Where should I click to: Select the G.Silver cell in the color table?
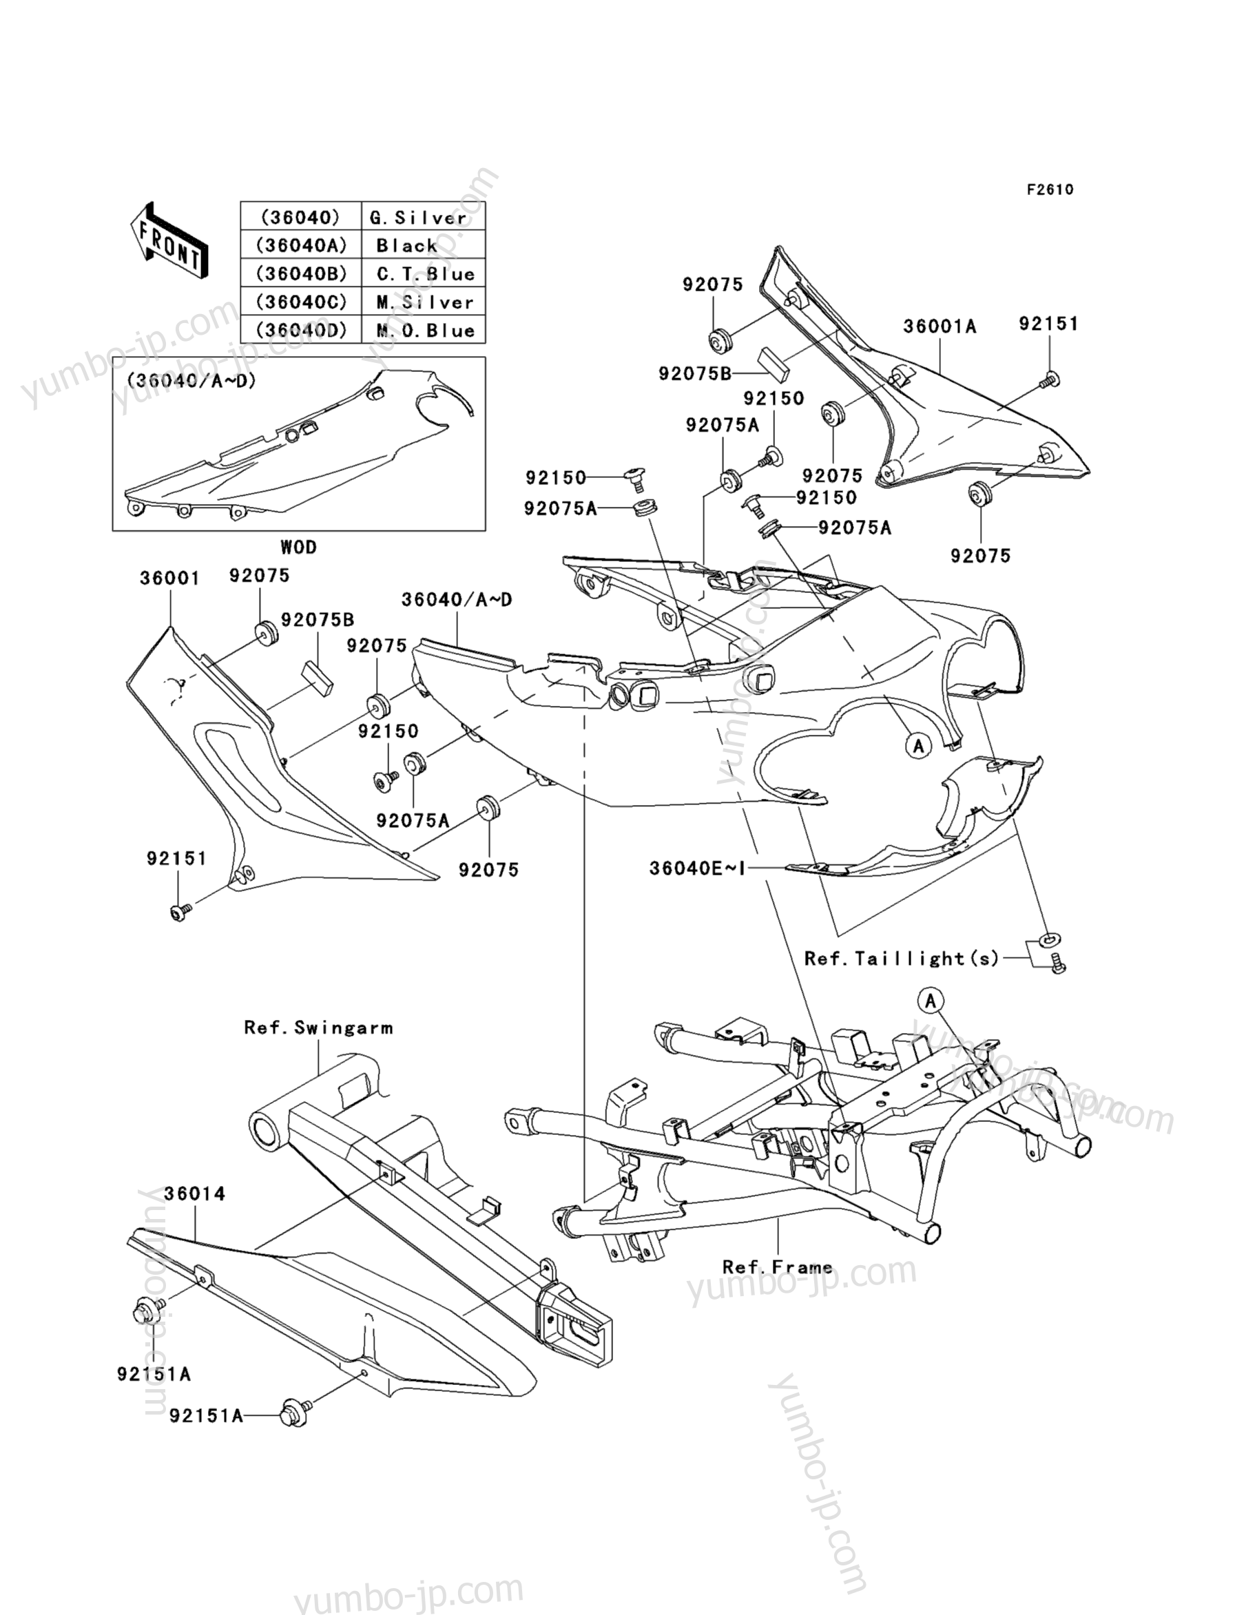click(424, 218)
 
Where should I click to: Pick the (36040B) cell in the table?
click(301, 273)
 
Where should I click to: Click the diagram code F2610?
click(1050, 189)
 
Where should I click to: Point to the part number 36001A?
click(940, 326)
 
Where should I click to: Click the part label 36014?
click(194, 1194)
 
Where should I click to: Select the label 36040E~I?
click(697, 868)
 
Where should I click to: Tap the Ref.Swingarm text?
click(318, 1028)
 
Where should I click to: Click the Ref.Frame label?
click(777, 1267)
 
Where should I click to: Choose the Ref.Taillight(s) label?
click(902, 959)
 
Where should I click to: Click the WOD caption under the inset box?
click(298, 547)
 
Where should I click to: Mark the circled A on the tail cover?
click(917, 746)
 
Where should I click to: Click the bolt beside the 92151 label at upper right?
click(1050, 379)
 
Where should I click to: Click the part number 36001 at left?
click(170, 579)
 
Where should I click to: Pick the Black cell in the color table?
click(424, 245)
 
